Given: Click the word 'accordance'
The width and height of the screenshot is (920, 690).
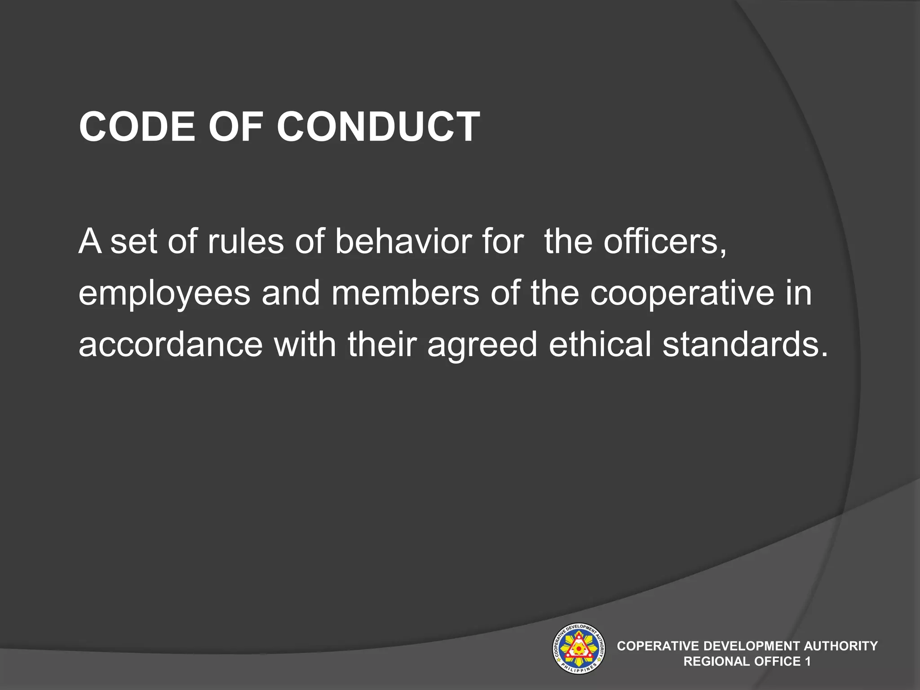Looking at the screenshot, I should (x=171, y=345).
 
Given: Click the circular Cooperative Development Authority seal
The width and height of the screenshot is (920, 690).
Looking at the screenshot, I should (x=578, y=648).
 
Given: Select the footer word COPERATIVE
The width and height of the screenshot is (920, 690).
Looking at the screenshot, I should (x=659, y=646).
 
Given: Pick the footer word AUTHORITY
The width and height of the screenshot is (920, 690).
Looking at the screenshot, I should (x=840, y=646).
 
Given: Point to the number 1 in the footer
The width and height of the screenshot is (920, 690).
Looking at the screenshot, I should (x=808, y=661).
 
